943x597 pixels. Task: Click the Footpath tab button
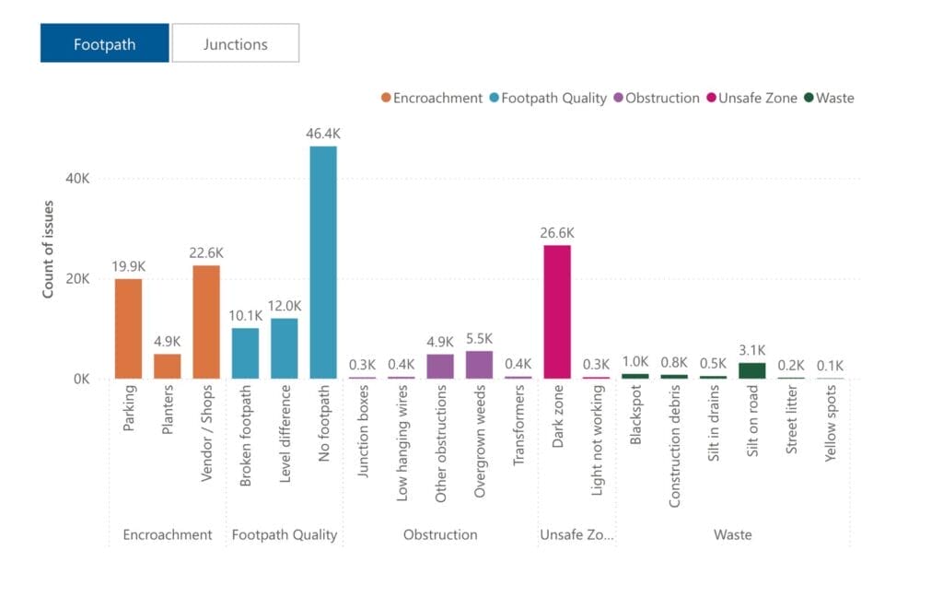tap(104, 43)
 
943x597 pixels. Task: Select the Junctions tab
tap(235, 43)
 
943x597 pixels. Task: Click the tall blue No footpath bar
tap(323, 262)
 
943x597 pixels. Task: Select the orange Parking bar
tap(128, 328)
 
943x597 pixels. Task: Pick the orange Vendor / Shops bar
tap(206, 322)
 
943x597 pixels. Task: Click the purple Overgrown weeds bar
tap(479, 365)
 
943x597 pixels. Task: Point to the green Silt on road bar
tap(752, 370)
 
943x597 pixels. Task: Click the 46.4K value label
tap(323, 134)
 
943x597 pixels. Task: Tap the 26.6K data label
tap(557, 232)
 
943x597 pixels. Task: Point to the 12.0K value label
tap(285, 306)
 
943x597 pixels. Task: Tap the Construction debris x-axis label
tap(675, 445)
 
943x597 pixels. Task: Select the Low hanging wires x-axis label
tap(402, 442)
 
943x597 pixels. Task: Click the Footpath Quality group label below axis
tap(284, 534)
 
